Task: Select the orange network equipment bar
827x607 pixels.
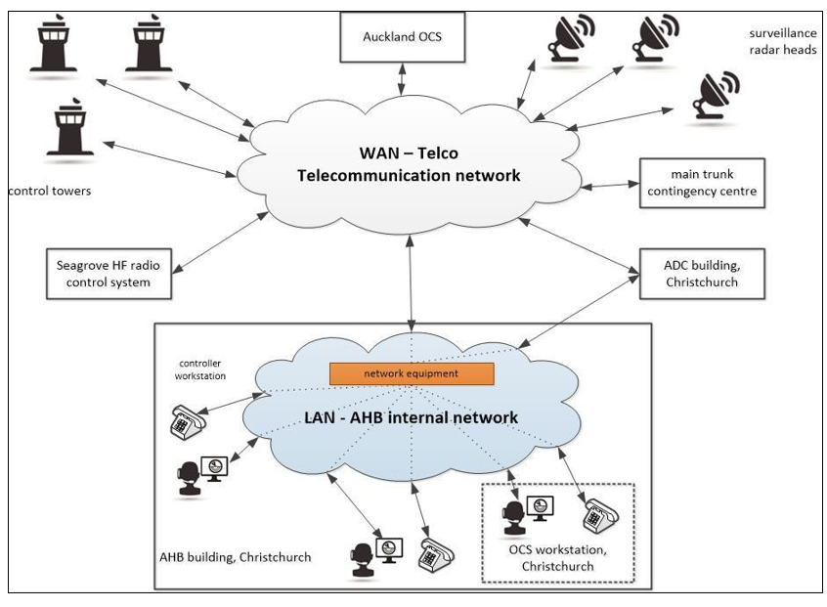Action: tap(411, 373)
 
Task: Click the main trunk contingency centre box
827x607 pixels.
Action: tap(699, 182)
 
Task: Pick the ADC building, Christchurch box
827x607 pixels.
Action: tap(699, 273)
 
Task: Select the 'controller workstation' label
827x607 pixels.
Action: tap(200, 369)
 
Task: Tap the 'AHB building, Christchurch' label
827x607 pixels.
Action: tap(235, 557)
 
